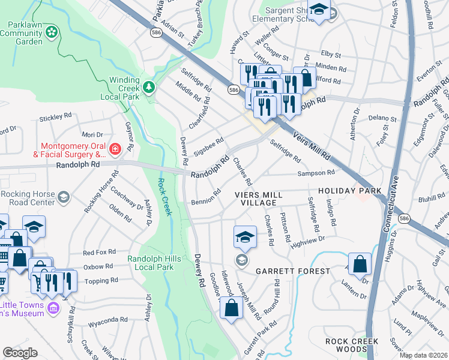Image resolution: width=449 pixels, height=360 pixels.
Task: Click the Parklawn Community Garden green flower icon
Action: tap(52, 31)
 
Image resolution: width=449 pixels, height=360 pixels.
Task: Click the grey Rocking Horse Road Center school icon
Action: tap(63, 197)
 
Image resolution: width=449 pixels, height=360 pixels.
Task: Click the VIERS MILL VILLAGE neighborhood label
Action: tap(264, 199)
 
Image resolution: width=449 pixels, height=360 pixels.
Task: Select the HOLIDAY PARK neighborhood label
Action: tap(349, 191)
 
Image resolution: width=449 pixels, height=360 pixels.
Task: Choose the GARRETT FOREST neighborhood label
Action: tap(292, 271)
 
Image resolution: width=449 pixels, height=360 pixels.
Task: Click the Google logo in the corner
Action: tap(20, 353)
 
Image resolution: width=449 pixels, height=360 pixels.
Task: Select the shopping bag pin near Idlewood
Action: tap(231, 308)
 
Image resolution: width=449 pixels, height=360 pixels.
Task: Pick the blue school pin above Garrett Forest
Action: tap(244, 237)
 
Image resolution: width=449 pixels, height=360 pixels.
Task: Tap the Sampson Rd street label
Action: tap(317, 173)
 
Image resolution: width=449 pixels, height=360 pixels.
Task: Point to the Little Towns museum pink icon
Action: tap(53, 308)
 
